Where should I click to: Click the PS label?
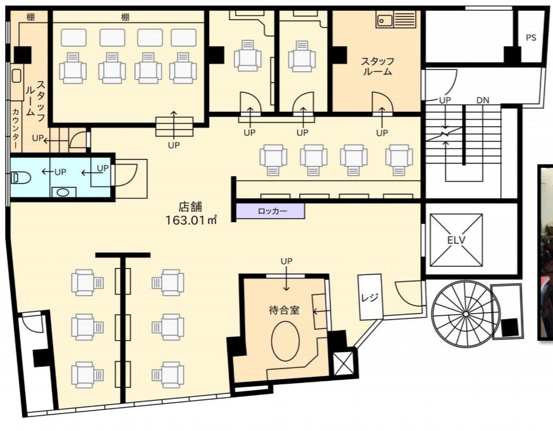point(531,37)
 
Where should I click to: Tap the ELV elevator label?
point(456,240)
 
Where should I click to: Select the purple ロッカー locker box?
point(270,211)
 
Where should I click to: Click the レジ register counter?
point(370,297)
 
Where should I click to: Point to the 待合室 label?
point(284,310)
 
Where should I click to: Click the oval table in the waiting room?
point(285,341)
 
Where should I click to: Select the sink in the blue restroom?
point(63,192)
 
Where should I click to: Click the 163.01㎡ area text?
point(191,220)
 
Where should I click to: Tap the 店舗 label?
point(190,206)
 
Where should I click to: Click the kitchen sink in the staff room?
point(385,20)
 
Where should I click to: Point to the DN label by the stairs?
point(483,100)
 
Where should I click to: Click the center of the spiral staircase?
point(466,314)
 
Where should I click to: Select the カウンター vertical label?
point(16,128)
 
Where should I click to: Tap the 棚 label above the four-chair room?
point(125,17)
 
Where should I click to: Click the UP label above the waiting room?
point(286,261)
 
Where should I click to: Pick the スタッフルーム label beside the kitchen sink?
point(377,66)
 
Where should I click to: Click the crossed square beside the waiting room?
point(343,363)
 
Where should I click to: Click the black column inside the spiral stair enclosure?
point(510,327)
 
